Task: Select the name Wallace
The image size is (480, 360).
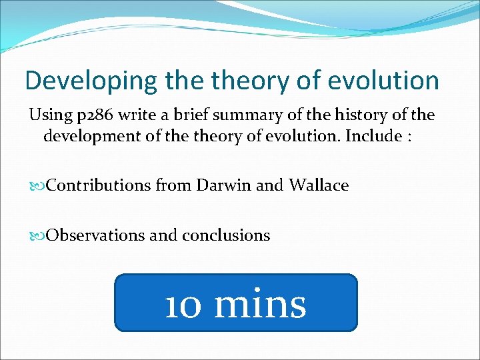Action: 319,185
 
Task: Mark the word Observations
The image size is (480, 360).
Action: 93,235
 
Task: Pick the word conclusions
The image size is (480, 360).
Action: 226,235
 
